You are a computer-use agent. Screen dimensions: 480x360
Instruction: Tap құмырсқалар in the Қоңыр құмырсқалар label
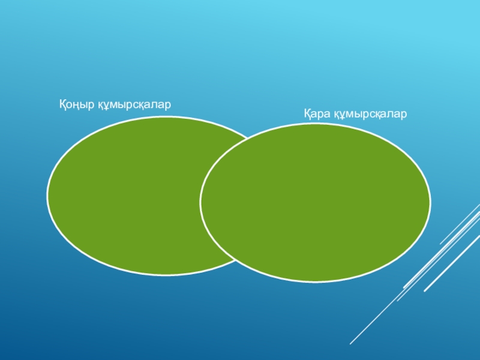click(x=135, y=105)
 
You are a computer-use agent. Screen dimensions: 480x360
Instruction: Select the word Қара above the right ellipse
click(x=317, y=113)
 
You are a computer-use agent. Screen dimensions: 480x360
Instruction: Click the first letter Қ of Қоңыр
click(x=62, y=104)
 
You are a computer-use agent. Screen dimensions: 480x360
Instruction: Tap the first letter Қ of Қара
click(x=307, y=113)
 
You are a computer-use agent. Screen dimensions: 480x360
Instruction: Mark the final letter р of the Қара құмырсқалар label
click(x=404, y=115)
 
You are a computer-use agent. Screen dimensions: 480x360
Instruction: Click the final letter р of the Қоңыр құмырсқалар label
click(x=169, y=106)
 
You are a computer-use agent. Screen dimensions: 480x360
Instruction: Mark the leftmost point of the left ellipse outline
click(x=47, y=196)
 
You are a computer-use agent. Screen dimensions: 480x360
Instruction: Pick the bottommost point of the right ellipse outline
click(x=315, y=281)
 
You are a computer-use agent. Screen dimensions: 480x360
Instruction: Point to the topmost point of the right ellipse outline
click(x=315, y=124)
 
